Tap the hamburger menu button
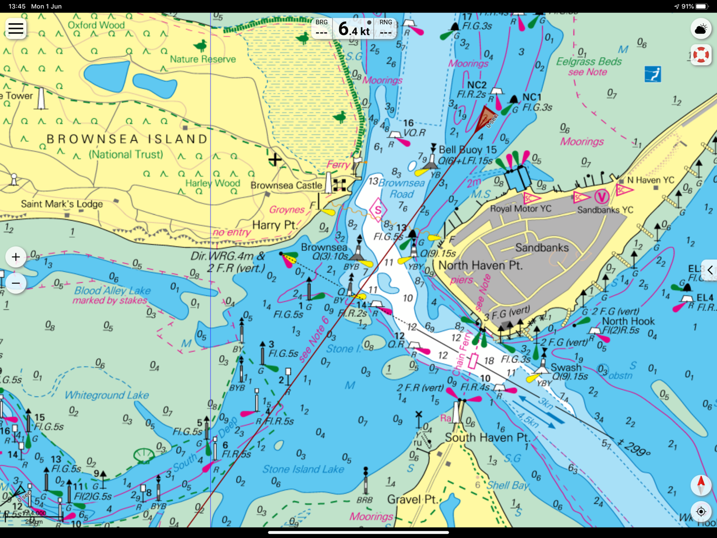(16, 28)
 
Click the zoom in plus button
(16, 257)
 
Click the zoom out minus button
(16, 283)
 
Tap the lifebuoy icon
(701, 55)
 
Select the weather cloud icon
(701, 29)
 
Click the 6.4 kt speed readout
(354, 29)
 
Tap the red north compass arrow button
(701, 485)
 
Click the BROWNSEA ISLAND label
(127, 139)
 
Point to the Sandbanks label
(542, 247)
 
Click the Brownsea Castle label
(286, 185)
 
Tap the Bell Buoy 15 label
(468, 150)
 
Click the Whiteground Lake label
(107, 395)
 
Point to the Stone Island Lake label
(303, 469)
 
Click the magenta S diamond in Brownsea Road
(377, 210)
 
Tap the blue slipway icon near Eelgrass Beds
(652, 74)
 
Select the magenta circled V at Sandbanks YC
(601, 197)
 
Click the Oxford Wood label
(96, 25)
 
